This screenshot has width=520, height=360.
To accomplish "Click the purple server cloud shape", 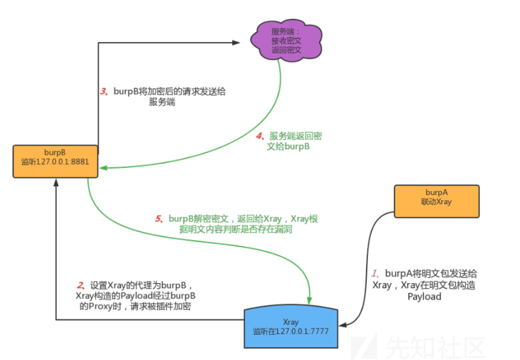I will coord(287,39).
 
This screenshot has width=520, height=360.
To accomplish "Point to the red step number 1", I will coord(376,273).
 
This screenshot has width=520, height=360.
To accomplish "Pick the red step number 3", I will coord(103,92).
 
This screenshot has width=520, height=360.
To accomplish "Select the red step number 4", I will coord(259,136).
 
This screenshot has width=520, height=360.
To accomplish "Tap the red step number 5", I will coord(159,219).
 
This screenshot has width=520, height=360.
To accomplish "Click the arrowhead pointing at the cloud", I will coord(237,42).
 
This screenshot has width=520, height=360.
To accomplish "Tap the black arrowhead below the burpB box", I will coord(56,183).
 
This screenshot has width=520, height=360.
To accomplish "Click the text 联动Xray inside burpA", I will coord(436,201).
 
